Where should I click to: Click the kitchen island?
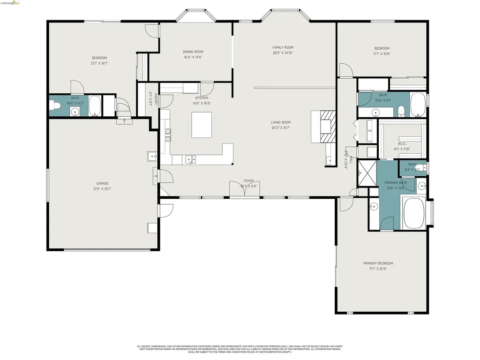click(202, 124)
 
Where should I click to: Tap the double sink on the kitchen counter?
click(191, 159)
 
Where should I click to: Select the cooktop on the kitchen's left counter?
click(167, 135)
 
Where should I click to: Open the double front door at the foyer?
click(244, 189)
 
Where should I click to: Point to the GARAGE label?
click(103, 183)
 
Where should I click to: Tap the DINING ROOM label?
click(193, 52)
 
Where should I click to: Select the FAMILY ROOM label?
click(283, 47)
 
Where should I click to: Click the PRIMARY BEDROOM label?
click(378, 263)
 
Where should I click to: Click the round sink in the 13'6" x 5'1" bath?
click(376, 112)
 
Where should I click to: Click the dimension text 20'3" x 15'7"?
click(280, 127)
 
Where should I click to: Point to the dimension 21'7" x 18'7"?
click(99, 63)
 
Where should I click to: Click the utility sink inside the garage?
click(152, 156)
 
